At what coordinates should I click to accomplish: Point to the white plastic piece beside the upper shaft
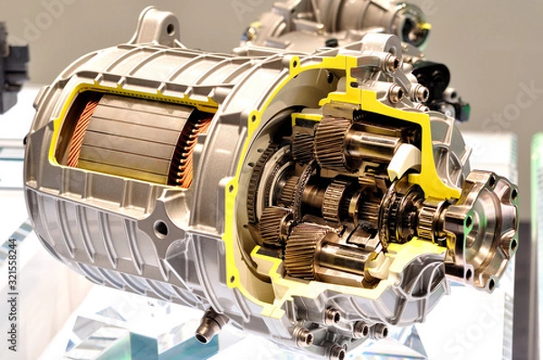pyautogui.click(x=402, y=161)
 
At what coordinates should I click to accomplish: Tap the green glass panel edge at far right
pyautogui.click(x=536, y=226)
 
